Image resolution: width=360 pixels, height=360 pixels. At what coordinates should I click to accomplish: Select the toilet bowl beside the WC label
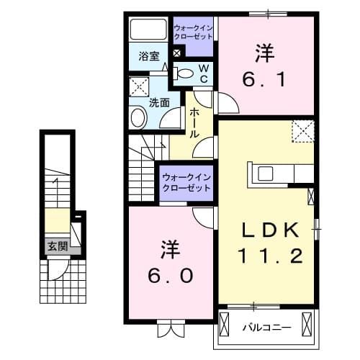[x=184, y=72]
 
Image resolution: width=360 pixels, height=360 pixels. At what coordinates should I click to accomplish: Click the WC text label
[x=203, y=71]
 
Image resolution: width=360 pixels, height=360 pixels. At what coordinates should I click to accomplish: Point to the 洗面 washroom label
[x=159, y=102]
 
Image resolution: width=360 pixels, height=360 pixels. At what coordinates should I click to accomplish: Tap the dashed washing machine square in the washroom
[x=138, y=88]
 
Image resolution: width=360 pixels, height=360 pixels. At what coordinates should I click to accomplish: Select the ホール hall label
[x=195, y=122]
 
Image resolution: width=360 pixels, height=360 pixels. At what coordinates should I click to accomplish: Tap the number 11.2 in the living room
[x=269, y=254]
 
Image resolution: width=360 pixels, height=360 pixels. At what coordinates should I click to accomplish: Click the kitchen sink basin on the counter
[x=264, y=173]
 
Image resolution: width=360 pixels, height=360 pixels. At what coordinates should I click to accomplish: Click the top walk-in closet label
[x=194, y=32]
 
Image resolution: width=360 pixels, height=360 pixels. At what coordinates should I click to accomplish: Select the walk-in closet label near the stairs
[x=186, y=181]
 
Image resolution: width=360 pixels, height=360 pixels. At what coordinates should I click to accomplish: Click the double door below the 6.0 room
[x=170, y=330]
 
